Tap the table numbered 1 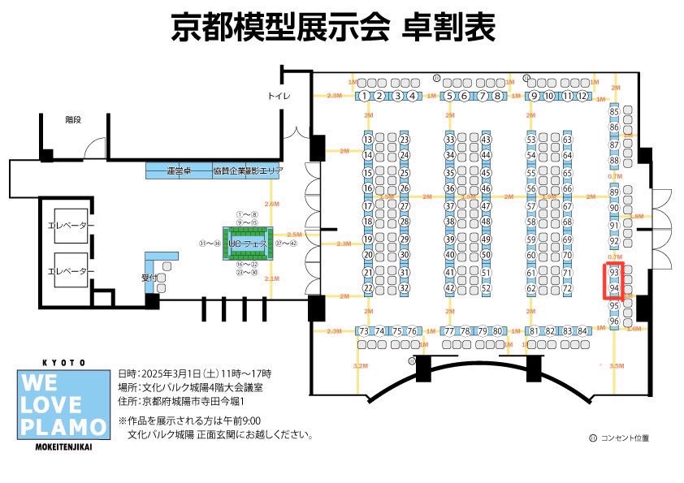(x=366, y=97)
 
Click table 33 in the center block (x=449, y=140)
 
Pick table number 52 (x=486, y=288)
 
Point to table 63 (x=567, y=140)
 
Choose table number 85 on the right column (x=614, y=111)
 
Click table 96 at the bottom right (x=614, y=321)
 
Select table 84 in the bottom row (x=582, y=331)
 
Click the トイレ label (x=279, y=97)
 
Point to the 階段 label (x=74, y=119)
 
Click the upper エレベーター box (x=71, y=225)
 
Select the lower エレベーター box (x=71, y=271)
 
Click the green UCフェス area (x=248, y=243)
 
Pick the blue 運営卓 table (x=178, y=171)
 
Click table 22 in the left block (x=368, y=288)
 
